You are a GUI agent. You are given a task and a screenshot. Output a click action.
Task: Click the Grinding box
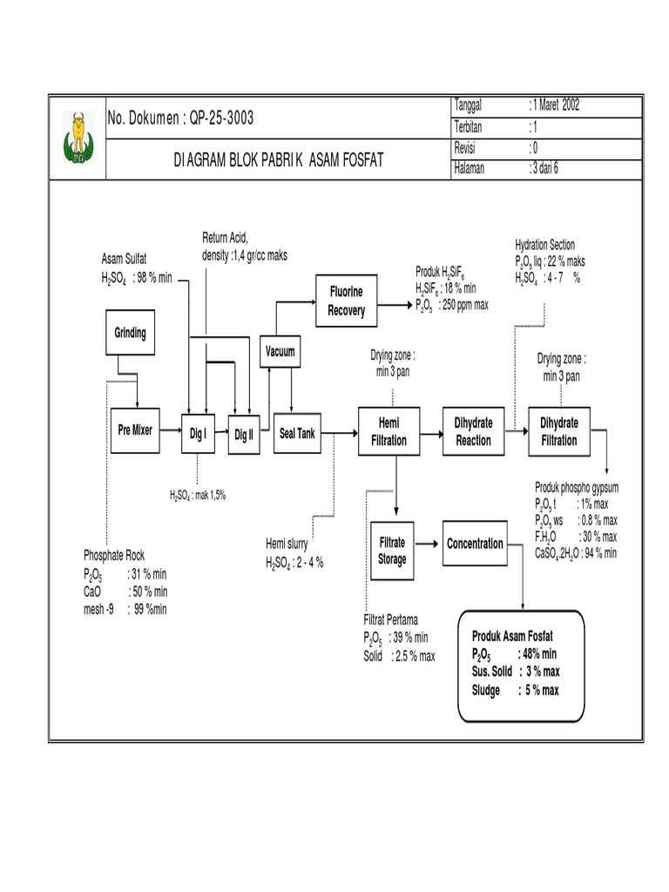click(x=130, y=334)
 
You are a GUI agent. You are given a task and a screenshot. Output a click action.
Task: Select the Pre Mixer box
click(x=135, y=429)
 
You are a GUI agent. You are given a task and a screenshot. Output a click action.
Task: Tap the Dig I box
click(x=198, y=432)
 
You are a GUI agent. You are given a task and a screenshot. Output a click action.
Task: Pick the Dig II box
click(x=244, y=432)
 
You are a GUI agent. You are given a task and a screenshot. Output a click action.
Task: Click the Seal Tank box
click(x=296, y=432)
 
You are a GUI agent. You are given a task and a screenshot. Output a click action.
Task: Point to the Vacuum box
click(x=280, y=353)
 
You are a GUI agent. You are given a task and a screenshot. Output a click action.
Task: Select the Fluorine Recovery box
click(x=346, y=300)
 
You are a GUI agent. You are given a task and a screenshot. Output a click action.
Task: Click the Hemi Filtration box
click(x=389, y=431)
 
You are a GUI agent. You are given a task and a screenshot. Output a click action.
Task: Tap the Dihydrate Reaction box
click(x=473, y=431)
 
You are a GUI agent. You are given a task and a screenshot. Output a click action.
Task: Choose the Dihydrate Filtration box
click(x=558, y=431)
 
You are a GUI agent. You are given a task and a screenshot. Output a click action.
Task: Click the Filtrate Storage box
click(x=391, y=551)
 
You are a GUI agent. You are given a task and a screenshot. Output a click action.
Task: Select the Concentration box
click(x=475, y=544)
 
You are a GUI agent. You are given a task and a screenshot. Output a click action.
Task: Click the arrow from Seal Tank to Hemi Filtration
click(x=340, y=431)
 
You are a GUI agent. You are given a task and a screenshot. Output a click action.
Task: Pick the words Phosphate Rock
click(x=113, y=555)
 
